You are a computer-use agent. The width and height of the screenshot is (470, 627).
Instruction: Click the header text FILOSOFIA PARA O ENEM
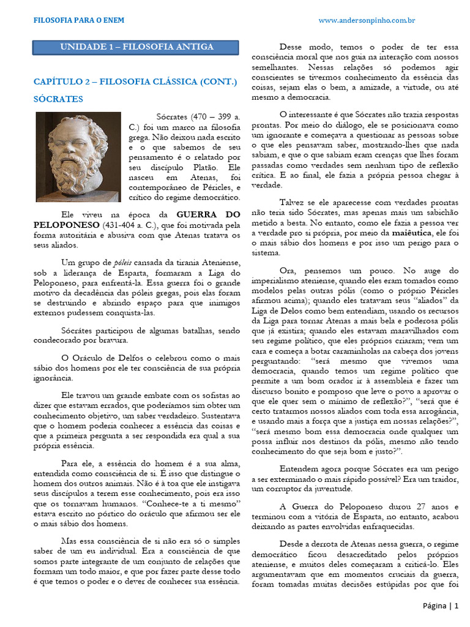[78, 20]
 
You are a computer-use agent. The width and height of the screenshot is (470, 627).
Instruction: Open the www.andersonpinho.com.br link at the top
[367, 20]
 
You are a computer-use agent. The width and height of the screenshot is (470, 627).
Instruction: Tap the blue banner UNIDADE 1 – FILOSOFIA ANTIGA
[136, 47]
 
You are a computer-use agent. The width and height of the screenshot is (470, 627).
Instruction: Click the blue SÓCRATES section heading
[58, 99]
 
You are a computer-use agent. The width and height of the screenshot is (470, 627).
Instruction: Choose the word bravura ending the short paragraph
[114, 340]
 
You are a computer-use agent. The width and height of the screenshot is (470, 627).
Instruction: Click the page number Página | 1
[440, 606]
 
